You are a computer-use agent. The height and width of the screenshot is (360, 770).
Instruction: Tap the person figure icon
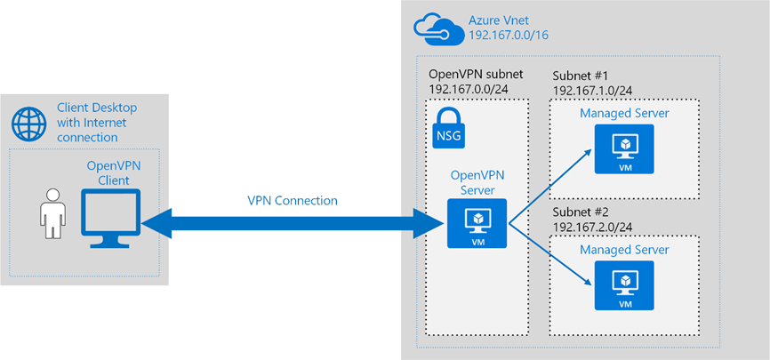[52, 213]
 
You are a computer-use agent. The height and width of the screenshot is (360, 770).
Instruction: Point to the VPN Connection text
[293, 201]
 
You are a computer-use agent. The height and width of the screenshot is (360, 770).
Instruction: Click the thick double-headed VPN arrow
[292, 224]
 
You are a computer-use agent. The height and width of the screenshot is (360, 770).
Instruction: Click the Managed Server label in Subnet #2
[624, 250]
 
